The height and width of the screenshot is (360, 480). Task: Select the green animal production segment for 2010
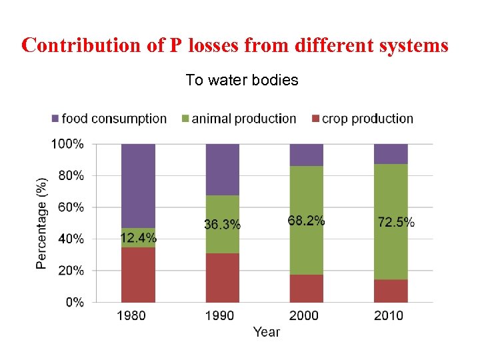point(391,193)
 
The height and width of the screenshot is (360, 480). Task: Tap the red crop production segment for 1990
point(222,277)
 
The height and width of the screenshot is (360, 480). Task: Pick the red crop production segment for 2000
point(306,288)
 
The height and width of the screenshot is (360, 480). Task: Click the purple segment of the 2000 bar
point(306,155)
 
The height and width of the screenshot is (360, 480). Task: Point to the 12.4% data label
point(139,238)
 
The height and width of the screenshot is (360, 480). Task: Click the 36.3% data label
point(223,225)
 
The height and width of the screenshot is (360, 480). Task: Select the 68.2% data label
point(307,220)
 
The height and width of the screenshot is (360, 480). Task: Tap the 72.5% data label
point(396,222)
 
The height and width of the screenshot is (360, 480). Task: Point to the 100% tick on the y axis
point(68,144)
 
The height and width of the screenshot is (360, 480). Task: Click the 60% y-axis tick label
point(71,207)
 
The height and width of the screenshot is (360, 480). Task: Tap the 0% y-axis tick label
point(74,302)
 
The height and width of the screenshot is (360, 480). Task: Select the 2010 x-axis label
point(390,315)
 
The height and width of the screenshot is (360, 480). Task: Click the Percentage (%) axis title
point(42,223)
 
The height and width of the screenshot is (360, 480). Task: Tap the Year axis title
point(266,331)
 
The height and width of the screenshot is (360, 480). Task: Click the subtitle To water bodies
point(241,81)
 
